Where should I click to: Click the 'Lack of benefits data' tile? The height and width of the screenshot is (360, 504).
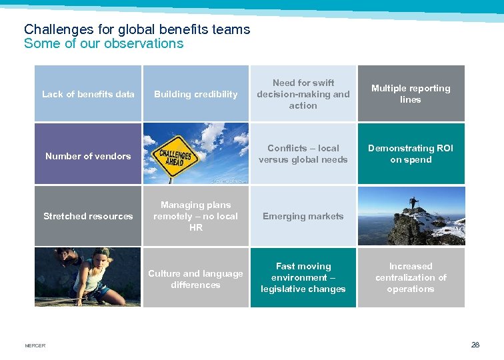pyautogui.click(x=88, y=94)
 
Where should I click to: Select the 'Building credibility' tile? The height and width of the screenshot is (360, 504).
pyautogui.click(x=195, y=94)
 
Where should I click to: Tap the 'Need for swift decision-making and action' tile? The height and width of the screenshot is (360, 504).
pyautogui.click(x=303, y=94)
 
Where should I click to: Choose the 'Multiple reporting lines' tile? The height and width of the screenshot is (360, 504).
pyautogui.click(x=411, y=94)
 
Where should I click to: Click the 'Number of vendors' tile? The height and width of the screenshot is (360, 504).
pyautogui.click(x=88, y=156)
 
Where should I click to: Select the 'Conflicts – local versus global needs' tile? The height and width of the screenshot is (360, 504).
pyautogui.click(x=303, y=154)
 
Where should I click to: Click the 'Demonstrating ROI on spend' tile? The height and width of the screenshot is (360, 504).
pyautogui.click(x=411, y=154)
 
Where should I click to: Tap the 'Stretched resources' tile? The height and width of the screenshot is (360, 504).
pyautogui.click(x=88, y=216)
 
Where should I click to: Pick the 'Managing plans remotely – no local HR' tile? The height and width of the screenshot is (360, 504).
pyautogui.click(x=195, y=216)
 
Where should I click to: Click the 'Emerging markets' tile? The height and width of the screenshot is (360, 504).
pyautogui.click(x=303, y=216)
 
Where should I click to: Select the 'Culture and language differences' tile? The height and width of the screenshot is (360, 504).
pyautogui.click(x=195, y=279)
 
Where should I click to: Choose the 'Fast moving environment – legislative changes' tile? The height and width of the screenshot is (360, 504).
pyautogui.click(x=303, y=277)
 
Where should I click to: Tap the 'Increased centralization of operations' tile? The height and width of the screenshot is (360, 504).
pyautogui.click(x=411, y=277)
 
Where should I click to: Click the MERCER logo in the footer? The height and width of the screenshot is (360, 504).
pyautogui.click(x=35, y=345)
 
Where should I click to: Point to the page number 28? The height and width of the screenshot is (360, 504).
pyautogui.click(x=475, y=345)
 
